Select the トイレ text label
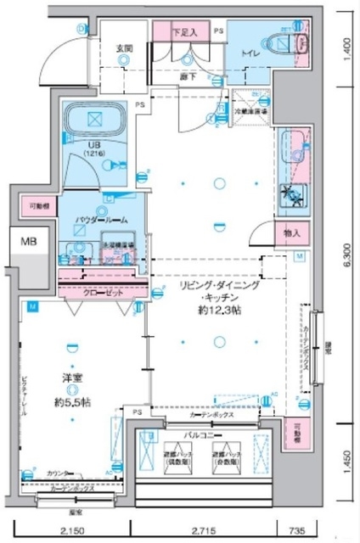pyautogui.click(x=250, y=53)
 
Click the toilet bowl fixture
pyautogui.click(x=278, y=42)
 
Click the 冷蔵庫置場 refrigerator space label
pyautogui.click(x=251, y=110)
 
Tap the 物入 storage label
pyautogui.click(x=290, y=232)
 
